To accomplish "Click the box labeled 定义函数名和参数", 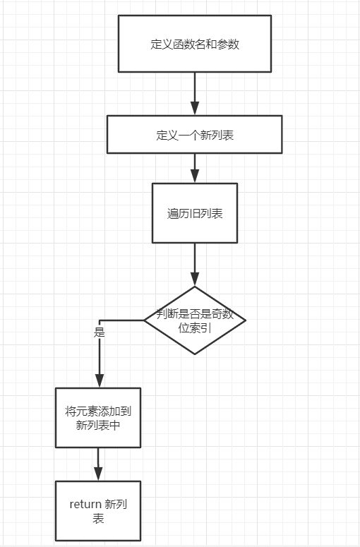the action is coord(195,44).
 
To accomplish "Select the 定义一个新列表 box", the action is coord(194,134).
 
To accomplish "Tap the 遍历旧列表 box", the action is coord(195,212).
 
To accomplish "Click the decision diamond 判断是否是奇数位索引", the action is coord(195,320).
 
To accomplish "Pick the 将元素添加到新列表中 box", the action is coord(98,418).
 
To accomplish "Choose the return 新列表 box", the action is coord(98,511).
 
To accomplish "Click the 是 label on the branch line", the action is coord(100,332).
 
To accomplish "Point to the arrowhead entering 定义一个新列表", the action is coord(195,108).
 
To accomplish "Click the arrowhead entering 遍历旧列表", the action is coord(195,176).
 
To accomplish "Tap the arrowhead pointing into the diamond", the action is coord(195,279).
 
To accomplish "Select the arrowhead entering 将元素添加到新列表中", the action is coord(100,380).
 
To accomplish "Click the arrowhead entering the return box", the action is coord(98,474).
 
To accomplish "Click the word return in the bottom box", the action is coord(85,505).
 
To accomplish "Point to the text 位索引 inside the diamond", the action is coord(195,328).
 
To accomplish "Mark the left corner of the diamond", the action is coord(144,320).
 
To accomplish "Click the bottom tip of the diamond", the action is coord(195,354).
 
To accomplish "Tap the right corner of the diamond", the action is coord(246,320).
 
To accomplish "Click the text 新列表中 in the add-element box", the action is coord(98,426).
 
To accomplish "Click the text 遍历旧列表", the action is coord(195,213).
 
